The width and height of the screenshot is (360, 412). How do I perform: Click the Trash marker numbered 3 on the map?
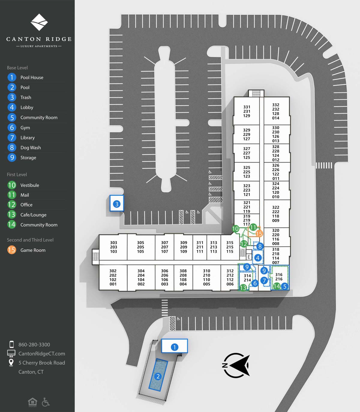[117, 204]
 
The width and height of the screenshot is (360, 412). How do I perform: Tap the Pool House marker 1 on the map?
[175, 347]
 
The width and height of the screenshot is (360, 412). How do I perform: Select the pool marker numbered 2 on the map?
[158, 376]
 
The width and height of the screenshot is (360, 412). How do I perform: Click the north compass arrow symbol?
[236, 365]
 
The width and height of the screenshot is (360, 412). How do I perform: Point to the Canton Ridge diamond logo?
[39, 22]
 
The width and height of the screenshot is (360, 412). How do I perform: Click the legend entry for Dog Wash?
[30, 148]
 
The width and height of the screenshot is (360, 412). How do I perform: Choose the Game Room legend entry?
[33, 250]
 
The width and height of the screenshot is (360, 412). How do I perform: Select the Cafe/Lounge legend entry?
[33, 215]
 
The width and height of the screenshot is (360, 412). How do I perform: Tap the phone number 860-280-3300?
[34, 345]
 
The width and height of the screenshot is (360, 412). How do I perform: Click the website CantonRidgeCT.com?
[42, 354]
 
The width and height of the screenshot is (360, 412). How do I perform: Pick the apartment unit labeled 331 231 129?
[247, 111]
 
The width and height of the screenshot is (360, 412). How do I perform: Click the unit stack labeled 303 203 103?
[113, 247]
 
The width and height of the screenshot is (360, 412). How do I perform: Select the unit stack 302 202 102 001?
[113, 277]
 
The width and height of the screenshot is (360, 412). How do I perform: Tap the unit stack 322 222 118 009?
[276, 214]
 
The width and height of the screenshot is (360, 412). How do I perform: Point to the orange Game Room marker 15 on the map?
[259, 234]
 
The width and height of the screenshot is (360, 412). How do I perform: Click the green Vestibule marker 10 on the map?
[235, 229]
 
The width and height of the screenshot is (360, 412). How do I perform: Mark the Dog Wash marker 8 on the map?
[260, 246]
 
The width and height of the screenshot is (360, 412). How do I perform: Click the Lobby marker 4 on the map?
[257, 258]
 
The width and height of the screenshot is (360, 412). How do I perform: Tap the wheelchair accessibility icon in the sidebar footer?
[46, 402]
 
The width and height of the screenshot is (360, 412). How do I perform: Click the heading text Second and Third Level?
[30, 240]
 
